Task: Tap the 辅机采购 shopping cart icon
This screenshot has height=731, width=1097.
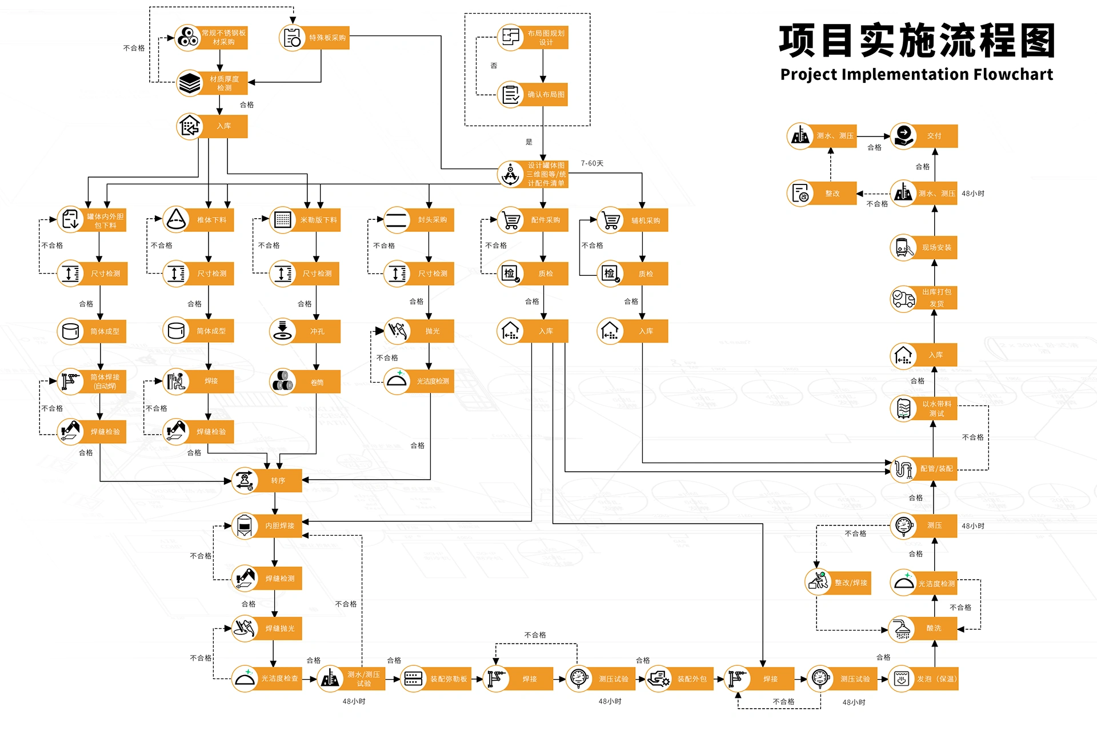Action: pos(611,220)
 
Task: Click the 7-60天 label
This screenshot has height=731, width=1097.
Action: pos(592,163)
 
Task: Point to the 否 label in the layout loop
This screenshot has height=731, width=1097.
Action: pos(494,66)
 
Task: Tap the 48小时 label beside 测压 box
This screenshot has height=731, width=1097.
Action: pos(972,526)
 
